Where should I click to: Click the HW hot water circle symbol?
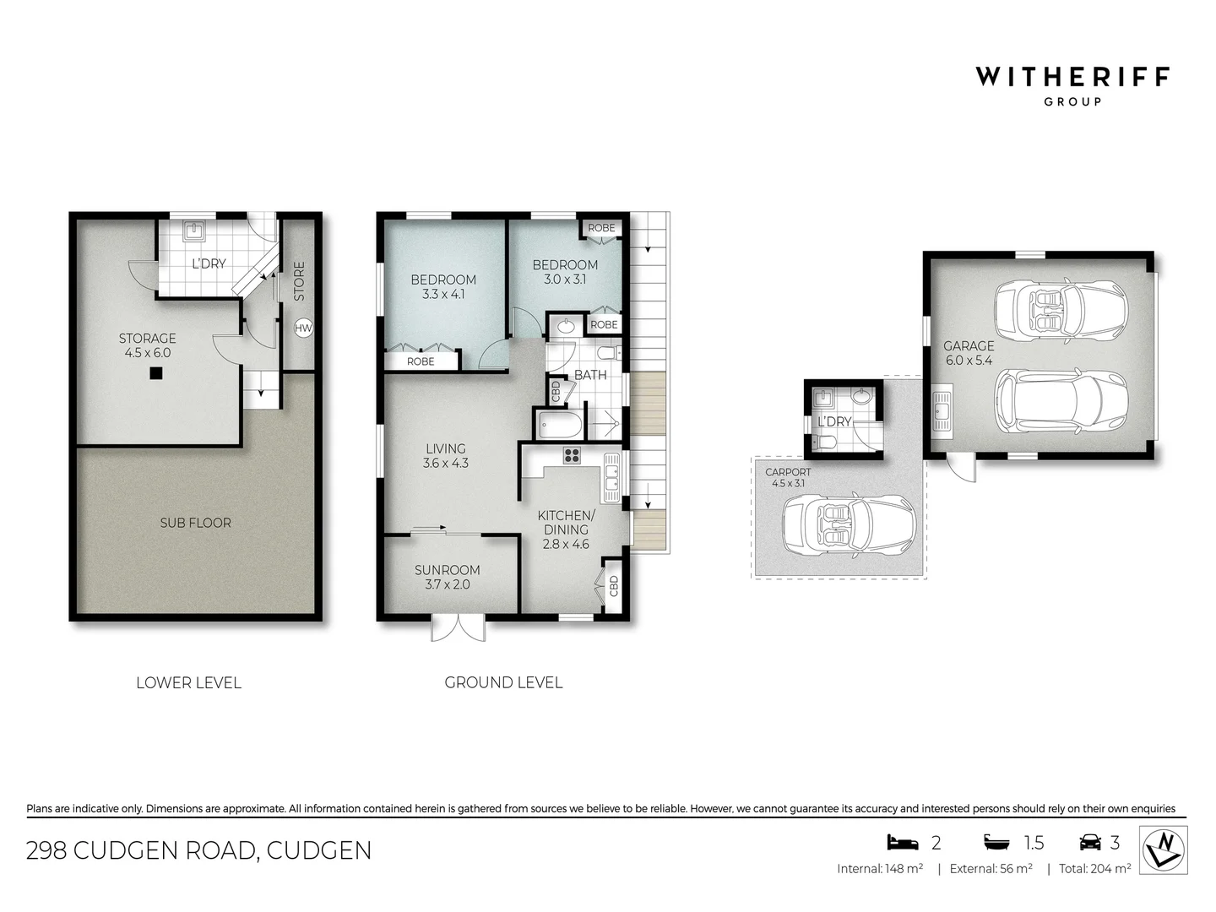coord(303,328)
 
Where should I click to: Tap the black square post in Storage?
coord(156,373)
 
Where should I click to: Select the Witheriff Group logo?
coord(1072,85)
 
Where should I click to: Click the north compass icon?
coord(1164,850)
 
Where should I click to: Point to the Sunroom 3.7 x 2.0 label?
coord(447,578)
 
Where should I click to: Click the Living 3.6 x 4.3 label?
coord(446,456)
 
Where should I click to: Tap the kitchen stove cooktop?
coord(572,456)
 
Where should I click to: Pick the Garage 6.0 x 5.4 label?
coord(969,353)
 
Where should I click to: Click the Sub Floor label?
coord(195,523)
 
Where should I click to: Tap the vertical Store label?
coord(299,281)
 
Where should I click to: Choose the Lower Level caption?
coord(188,682)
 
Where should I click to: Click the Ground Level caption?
coord(503,682)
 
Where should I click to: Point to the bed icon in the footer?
coord(902,842)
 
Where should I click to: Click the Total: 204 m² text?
coord(1094,868)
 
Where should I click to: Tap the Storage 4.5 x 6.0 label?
coord(147,345)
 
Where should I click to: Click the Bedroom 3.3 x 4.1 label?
coord(443,287)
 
